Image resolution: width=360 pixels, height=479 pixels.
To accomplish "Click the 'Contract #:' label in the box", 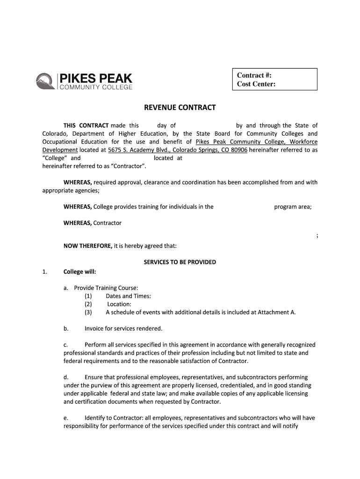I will pyautogui.click(x=254, y=75).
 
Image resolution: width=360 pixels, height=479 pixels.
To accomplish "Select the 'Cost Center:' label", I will pyautogui.click(x=256, y=84).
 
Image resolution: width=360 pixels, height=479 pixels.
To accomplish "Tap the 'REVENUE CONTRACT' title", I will pyautogui.click(x=180, y=108).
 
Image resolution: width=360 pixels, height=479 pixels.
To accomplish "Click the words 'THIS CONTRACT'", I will pyautogui.click(x=86, y=125).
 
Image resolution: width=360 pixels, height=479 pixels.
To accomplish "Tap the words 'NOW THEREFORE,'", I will pyautogui.click(x=88, y=246).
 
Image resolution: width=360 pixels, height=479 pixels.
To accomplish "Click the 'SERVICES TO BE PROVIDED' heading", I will pyautogui.click(x=180, y=262).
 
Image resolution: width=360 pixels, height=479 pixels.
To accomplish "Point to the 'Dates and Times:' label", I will pyautogui.click(x=128, y=296).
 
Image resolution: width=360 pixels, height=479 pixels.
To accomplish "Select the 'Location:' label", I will pyautogui.click(x=119, y=304).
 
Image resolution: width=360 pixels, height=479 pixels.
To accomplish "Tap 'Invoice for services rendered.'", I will pyautogui.click(x=123, y=328).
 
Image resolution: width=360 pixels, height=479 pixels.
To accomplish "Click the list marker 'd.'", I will pyautogui.click(x=66, y=377).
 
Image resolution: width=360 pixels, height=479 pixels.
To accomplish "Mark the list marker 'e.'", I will pyautogui.click(x=66, y=418).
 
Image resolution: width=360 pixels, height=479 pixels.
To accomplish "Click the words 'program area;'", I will pyautogui.click(x=293, y=207).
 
